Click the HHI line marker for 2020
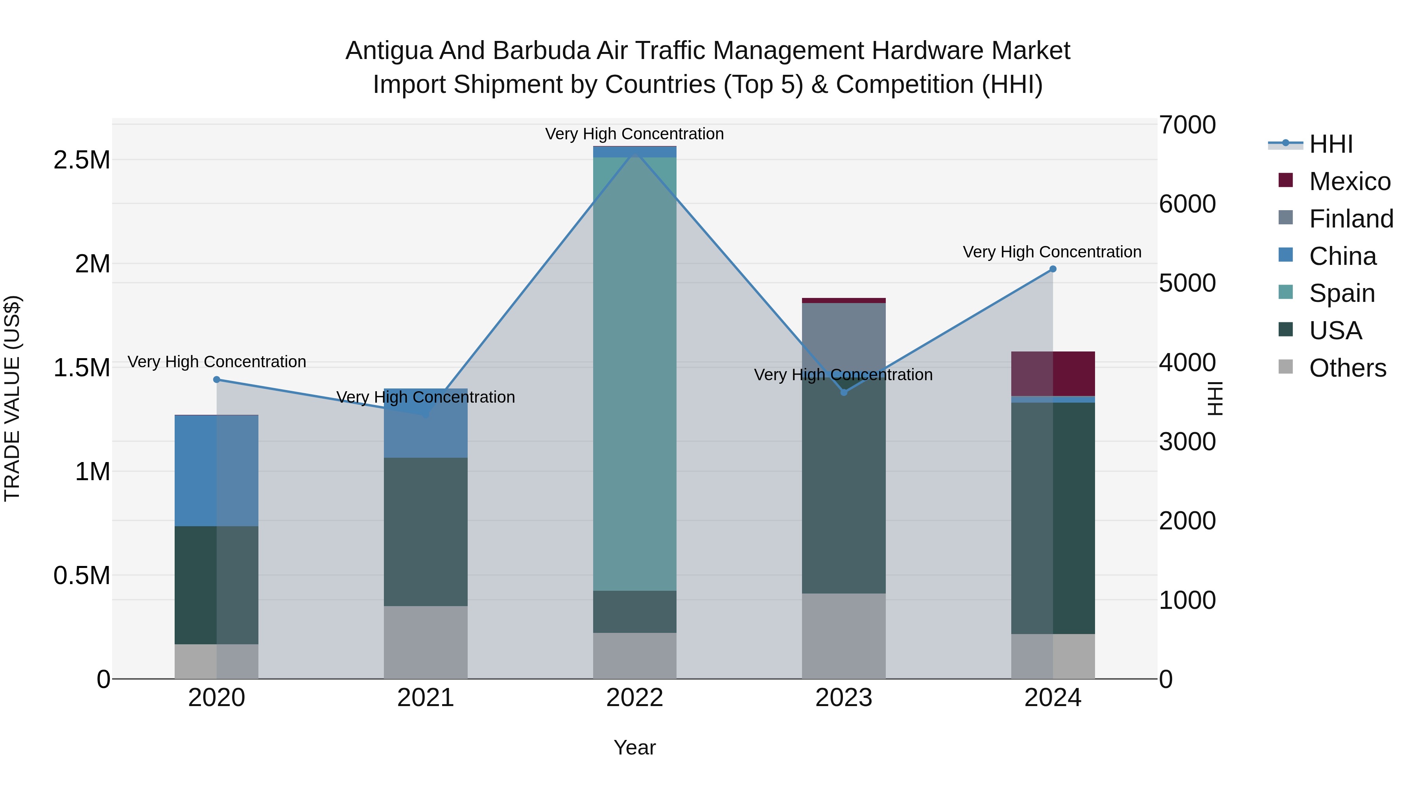tap(217, 379)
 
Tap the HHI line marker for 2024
tap(1053, 269)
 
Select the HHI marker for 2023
tap(844, 392)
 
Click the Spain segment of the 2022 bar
tap(634, 374)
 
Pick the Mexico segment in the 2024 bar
tap(1053, 374)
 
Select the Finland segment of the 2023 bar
tap(844, 338)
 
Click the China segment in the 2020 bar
tap(217, 470)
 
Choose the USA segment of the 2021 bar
tap(426, 531)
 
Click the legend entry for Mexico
tap(1350, 181)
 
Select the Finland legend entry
tap(1351, 219)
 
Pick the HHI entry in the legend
tap(1330, 144)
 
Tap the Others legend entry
tap(1347, 368)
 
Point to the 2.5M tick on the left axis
tap(82, 160)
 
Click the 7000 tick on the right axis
tap(1187, 125)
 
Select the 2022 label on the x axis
tap(634, 698)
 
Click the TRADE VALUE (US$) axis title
tap(12, 398)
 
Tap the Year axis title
tap(634, 747)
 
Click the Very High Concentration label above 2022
tap(634, 134)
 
